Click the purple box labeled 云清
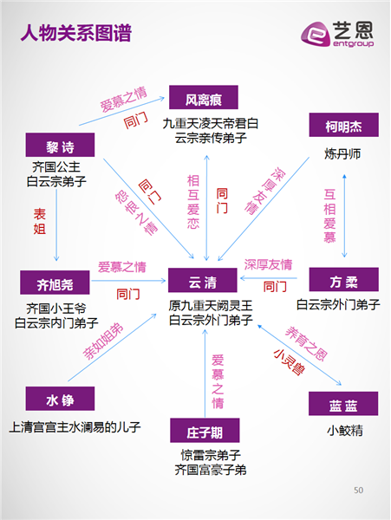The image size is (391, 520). [203, 280]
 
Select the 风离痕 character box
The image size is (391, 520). [204, 97]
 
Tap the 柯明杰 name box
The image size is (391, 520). [344, 125]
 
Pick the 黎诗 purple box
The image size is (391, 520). [60, 145]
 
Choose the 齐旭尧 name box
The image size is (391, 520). [55, 283]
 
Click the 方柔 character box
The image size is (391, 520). [344, 280]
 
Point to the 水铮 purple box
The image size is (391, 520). [60, 399]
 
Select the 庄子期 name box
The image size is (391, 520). [205, 431]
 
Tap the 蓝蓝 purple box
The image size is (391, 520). [343, 404]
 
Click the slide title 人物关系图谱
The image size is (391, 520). [76, 33]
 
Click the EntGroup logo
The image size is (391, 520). [337, 34]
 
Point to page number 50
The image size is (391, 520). [359, 491]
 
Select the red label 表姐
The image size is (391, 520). [40, 222]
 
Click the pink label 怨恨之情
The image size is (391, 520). [136, 212]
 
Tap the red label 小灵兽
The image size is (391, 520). [289, 362]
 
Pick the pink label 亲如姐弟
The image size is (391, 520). [103, 341]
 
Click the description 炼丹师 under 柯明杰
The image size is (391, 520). [342, 154]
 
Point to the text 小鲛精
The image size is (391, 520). [345, 431]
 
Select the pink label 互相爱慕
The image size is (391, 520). [329, 216]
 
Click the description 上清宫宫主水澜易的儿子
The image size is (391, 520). [75, 427]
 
